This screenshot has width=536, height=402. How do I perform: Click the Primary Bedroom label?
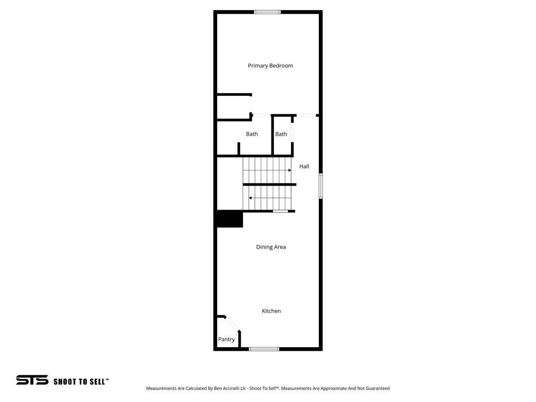(270, 66)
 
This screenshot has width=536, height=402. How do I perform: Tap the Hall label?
(304, 166)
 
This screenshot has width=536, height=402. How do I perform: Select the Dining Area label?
(271, 247)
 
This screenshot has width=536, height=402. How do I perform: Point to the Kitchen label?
(271, 311)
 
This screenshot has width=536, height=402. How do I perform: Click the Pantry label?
(227, 339)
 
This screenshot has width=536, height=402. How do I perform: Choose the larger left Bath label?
(252, 134)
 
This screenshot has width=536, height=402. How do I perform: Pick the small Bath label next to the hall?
(281, 134)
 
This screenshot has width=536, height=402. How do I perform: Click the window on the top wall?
(267, 12)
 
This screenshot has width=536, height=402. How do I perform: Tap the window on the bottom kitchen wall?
(264, 349)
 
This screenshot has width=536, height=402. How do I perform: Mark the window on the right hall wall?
(321, 186)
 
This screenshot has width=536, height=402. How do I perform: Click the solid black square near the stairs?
(230, 219)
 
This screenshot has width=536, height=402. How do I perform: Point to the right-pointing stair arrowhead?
(289, 170)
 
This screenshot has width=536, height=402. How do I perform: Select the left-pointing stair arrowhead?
(250, 198)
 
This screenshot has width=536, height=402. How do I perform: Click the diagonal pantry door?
(232, 323)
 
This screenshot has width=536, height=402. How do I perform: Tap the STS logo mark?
(32, 381)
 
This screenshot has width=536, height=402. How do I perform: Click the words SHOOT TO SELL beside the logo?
(81, 382)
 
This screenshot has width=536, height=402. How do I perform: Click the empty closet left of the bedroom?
(233, 107)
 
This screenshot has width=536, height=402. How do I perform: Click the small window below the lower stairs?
(280, 211)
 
